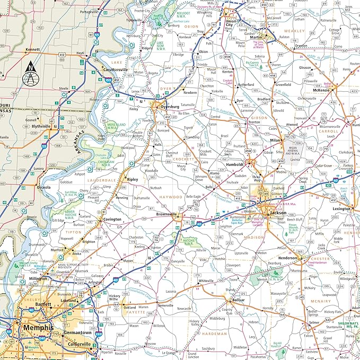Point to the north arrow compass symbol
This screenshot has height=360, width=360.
(x=31, y=74)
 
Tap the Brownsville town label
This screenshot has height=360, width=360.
(x=168, y=214)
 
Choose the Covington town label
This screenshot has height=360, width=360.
(x=112, y=219)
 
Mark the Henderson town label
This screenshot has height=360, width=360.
(x=288, y=258)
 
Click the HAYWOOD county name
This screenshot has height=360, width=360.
(x=172, y=197)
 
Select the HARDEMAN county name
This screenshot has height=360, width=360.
(x=214, y=334)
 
